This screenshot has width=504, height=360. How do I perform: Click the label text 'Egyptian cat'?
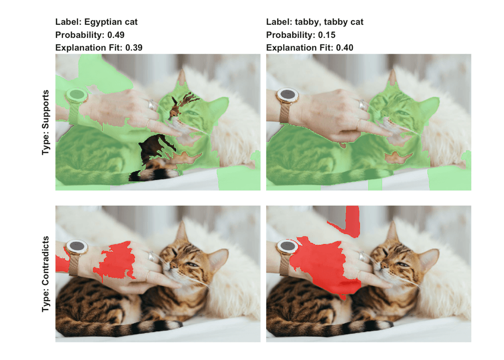pyautogui.click(x=111, y=22)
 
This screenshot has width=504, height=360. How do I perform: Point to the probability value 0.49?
pyautogui.click(x=116, y=35)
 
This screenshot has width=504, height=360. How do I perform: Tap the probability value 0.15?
pyautogui.click(x=327, y=35)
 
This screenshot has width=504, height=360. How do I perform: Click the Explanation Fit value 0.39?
pyautogui.click(x=134, y=47)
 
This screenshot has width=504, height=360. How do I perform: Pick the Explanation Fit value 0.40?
pyautogui.click(x=345, y=47)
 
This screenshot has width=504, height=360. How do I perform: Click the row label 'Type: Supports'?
pyautogui.click(x=46, y=122)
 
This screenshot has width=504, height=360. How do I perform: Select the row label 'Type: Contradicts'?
pyautogui.click(x=46, y=274)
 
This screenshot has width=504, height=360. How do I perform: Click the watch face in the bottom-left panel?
pyautogui.click(x=77, y=247)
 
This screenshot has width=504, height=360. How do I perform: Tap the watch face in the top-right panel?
pyautogui.click(x=287, y=95)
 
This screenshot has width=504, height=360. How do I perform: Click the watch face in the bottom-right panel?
pyautogui.click(x=287, y=247)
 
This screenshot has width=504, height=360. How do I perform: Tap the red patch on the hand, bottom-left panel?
pyautogui.click(x=116, y=260)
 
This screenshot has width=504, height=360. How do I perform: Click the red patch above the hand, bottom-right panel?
pyautogui.click(x=349, y=221)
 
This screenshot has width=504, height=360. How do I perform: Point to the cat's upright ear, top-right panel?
pyautogui.click(x=392, y=79)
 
